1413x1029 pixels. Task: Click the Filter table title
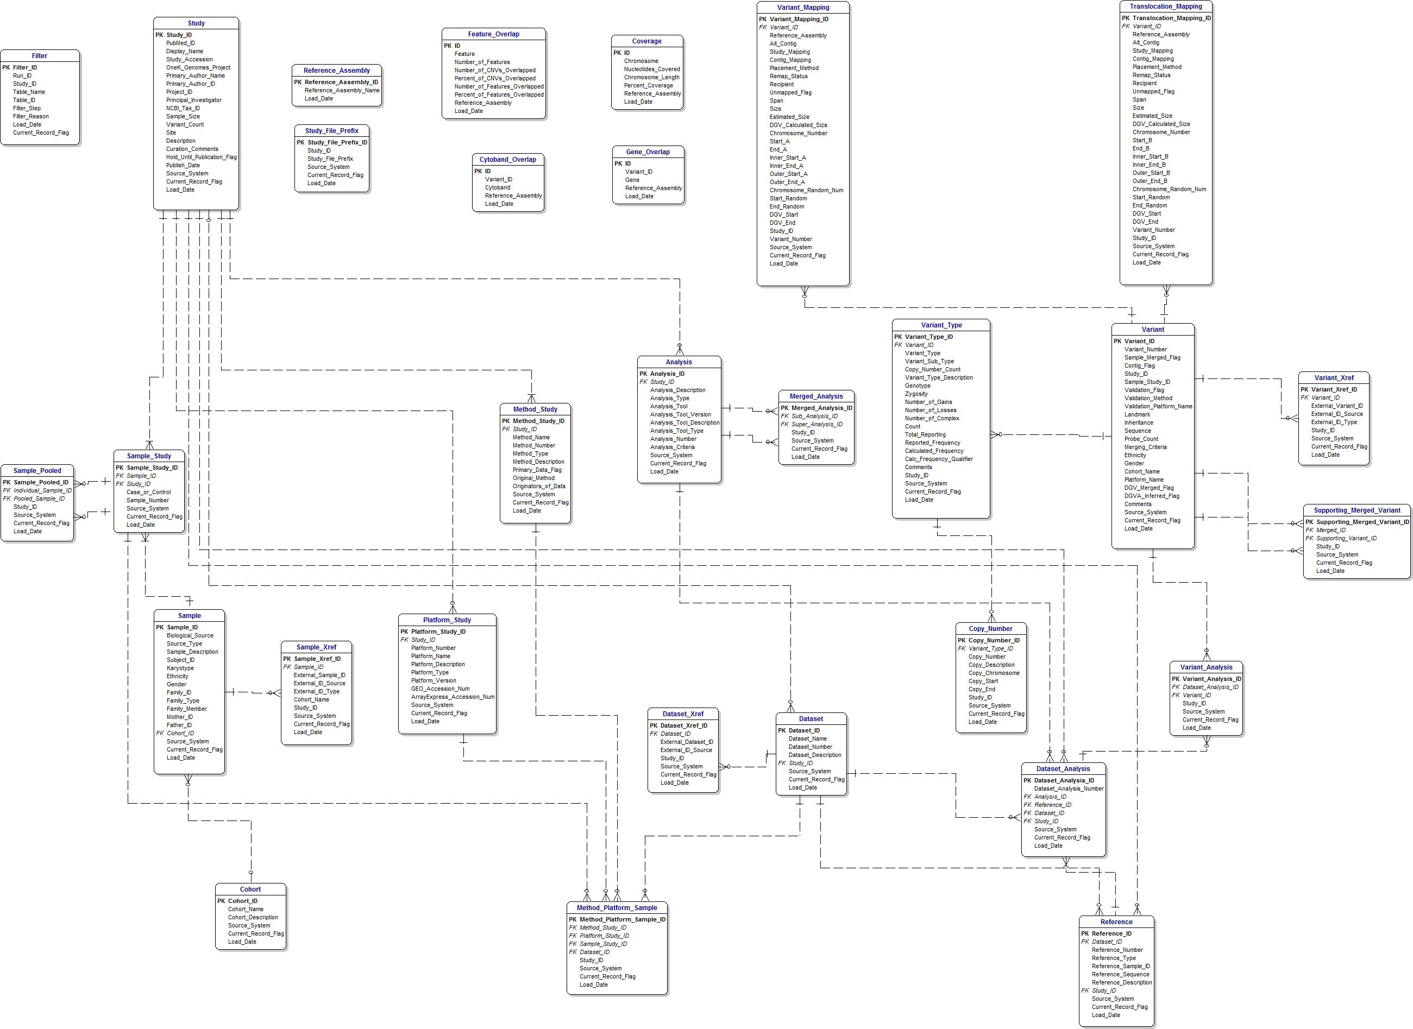tap(39, 56)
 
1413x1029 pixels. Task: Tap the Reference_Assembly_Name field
tap(341, 90)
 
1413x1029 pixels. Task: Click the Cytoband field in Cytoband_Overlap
tap(497, 187)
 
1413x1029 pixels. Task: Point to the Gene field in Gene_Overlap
tap(632, 180)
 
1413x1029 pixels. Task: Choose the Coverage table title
tap(646, 42)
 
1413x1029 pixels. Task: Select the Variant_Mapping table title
tap(803, 8)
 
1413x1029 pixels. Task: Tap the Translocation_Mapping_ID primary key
tap(1171, 18)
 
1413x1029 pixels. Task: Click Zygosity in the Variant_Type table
tap(916, 394)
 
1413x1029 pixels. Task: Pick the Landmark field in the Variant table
tap(1137, 415)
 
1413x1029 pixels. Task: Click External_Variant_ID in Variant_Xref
tap(1336, 406)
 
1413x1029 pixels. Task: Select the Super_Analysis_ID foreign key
tap(817, 425)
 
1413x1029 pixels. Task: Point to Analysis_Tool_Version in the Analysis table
tap(680, 415)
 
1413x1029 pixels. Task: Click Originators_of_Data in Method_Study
tap(539, 487)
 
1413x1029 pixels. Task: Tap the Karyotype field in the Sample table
tap(180, 668)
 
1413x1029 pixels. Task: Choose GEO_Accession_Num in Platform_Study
tap(440, 689)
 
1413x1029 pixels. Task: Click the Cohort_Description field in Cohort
tap(253, 918)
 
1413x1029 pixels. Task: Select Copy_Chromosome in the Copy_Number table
tap(994, 673)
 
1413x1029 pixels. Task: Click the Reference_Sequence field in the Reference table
tap(1120, 975)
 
